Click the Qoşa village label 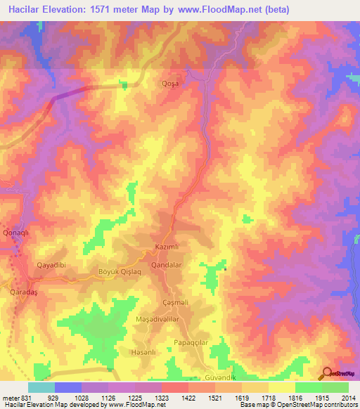click(171, 82)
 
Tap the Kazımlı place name click(167, 248)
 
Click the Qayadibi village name click(51, 266)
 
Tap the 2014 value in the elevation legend click(347, 397)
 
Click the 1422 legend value click(188, 397)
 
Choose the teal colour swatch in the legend click(41, 387)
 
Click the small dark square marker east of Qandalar click(225, 269)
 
